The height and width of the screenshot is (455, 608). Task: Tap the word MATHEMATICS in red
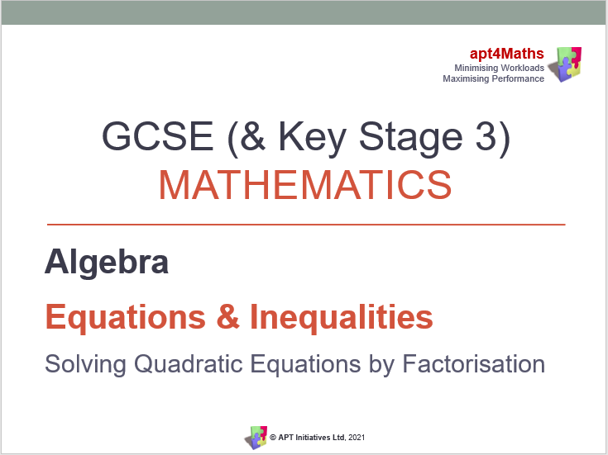(305, 186)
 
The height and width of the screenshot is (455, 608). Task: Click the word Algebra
(107, 263)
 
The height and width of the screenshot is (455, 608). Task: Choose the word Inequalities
(342, 318)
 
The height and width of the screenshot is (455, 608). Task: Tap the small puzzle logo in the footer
(256, 437)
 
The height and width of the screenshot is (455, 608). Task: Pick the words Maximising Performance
(494, 78)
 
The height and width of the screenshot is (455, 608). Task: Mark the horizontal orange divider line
(306, 224)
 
